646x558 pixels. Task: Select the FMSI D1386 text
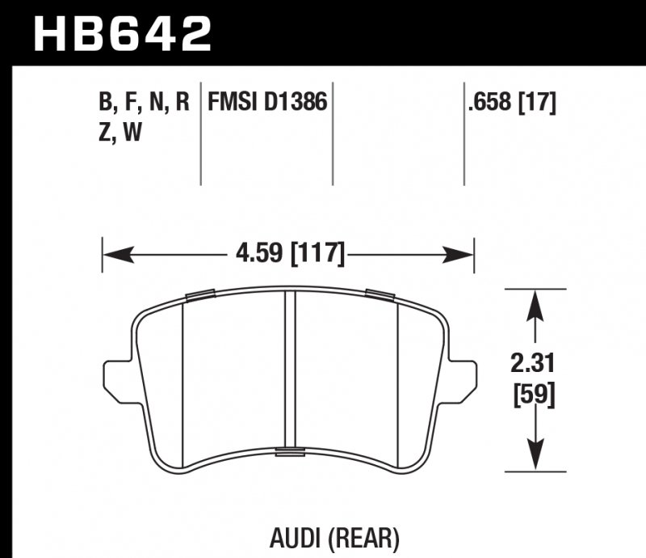click(x=266, y=102)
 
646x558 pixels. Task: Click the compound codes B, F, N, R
click(x=143, y=102)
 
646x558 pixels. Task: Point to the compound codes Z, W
click(x=119, y=133)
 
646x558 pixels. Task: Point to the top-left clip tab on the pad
click(x=199, y=294)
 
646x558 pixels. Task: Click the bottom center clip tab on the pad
click(x=287, y=450)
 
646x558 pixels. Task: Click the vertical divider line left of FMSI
click(x=200, y=133)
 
